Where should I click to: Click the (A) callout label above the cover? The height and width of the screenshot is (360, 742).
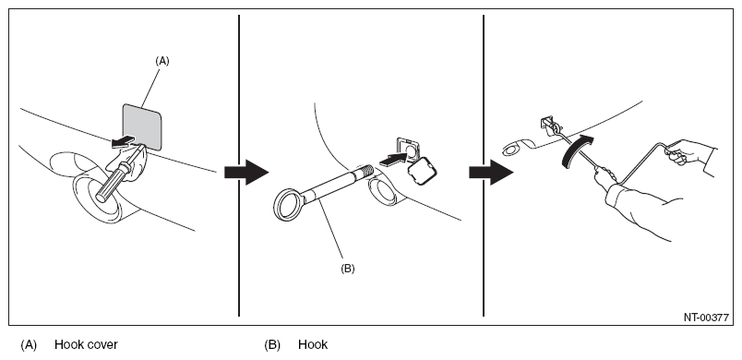pos(162,61)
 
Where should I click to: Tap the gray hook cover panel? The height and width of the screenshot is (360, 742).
pos(142,126)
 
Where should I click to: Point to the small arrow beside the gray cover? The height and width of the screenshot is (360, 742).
pos(122,141)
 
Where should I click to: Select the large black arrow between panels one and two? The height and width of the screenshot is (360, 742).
pos(246,173)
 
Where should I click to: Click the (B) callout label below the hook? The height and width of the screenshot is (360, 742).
pos(347,269)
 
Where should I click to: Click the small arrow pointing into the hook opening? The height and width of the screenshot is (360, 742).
pos(394,159)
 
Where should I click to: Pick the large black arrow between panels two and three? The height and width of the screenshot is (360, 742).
pos(491,173)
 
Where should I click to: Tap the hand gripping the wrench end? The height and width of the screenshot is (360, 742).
pos(679,152)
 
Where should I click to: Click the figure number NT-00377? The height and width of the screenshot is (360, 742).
pos(706,318)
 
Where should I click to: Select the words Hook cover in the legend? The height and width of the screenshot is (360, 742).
pos(86,344)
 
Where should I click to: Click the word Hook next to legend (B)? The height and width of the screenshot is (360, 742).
pos(313,344)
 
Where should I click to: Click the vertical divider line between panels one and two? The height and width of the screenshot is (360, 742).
pos(239,165)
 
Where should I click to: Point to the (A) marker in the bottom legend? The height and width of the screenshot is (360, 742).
pos(29,345)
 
